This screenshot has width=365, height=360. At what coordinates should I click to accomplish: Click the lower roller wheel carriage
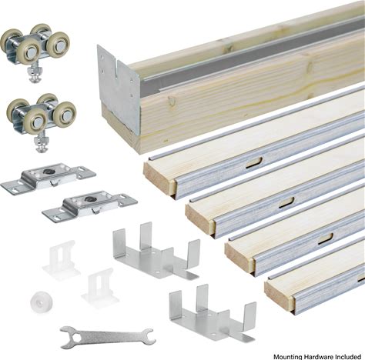pos(41,115)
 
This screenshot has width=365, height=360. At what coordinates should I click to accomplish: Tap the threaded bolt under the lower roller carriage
pos(40,144)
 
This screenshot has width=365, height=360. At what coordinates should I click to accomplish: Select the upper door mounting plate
pos(49,178)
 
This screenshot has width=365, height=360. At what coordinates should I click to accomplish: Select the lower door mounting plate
pos(90,205)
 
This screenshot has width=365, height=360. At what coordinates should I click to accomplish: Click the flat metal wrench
pos(108,336)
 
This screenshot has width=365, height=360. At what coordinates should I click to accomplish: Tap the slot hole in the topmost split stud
pos(254,163)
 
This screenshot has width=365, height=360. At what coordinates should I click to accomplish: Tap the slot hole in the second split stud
pos(287,202)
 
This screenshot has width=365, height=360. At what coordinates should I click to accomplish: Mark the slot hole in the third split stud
pos(326,239)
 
